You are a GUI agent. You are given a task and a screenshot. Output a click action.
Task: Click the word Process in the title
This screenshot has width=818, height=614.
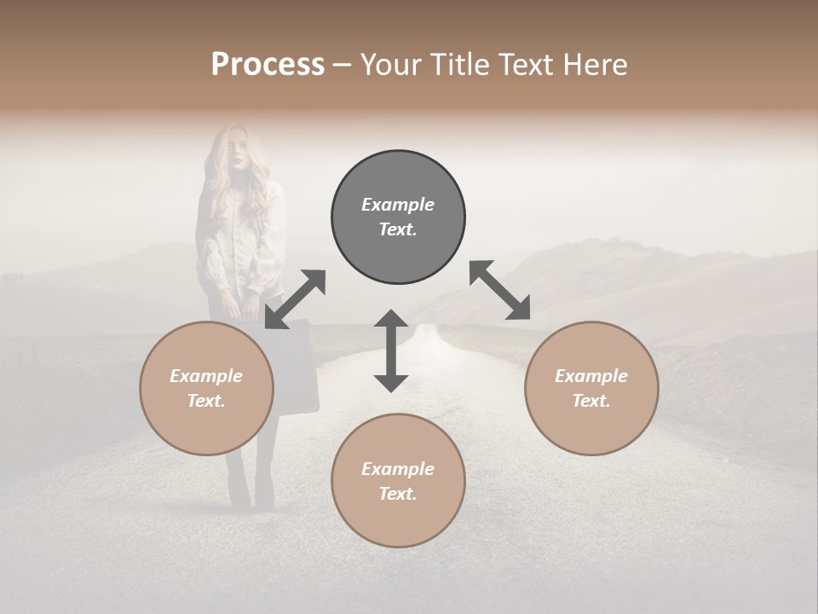(268, 65)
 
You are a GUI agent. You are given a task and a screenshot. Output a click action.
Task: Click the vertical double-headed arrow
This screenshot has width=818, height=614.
(391, 350)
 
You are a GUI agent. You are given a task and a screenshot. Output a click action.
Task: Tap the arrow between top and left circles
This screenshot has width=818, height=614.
(296, 299)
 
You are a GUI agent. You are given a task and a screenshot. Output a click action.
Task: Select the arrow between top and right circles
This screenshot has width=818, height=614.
(499, 290)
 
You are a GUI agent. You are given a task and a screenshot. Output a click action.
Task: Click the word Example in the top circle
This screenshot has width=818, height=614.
(398, 205)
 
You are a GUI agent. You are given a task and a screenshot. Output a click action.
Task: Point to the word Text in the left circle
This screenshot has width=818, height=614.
(206, 401)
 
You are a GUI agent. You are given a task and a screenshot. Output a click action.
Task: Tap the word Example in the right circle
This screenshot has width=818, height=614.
(591, 376)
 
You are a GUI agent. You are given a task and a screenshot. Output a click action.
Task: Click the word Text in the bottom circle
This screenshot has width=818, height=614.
(398, 494)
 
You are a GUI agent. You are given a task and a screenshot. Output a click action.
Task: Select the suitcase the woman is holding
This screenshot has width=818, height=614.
(294, 367)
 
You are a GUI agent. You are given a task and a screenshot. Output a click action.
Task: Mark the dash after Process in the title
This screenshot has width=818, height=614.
(343, 65)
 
